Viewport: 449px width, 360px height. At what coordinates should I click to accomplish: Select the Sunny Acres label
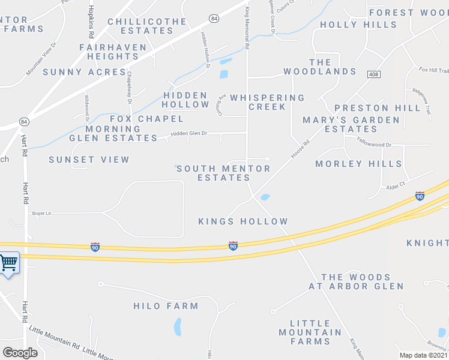76,72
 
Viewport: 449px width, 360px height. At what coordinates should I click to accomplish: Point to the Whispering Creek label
268,102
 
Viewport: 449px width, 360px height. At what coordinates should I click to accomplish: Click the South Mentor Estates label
223,173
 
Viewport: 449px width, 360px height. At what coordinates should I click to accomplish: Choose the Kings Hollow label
243,221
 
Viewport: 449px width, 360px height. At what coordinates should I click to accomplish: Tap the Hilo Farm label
166,306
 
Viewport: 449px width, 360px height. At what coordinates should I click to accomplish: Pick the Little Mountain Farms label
310,332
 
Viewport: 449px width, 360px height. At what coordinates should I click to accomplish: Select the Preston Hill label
378,108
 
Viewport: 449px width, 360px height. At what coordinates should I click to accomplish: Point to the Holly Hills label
358,25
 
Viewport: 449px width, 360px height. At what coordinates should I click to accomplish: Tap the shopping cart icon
8,263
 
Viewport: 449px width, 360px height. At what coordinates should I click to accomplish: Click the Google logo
20,352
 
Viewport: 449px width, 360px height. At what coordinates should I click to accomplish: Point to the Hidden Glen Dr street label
188,134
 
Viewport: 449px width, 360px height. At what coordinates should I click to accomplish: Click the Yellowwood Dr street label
373,144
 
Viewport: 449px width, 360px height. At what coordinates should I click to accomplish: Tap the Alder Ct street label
396,185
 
